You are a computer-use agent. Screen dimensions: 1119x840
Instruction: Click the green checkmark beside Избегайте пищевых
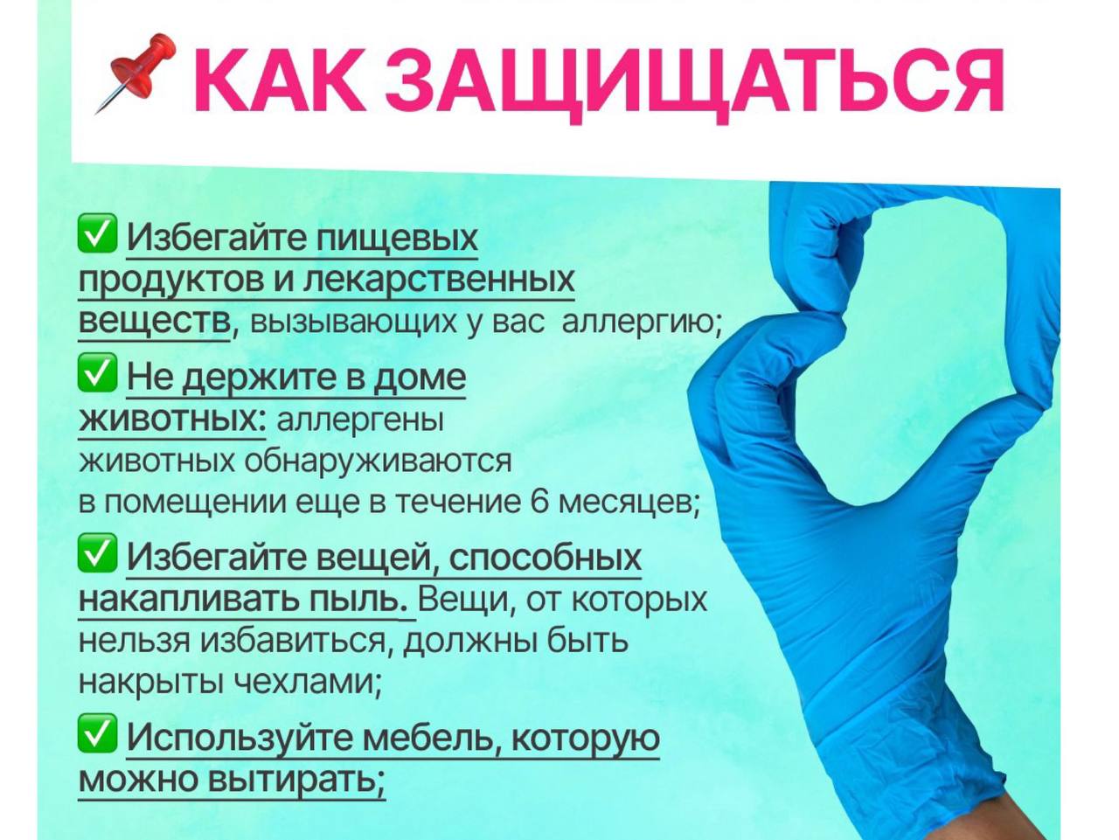coord(97,233)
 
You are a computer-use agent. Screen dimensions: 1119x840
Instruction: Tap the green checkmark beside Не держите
coord(97,372)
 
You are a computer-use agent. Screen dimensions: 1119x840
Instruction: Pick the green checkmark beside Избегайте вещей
coord(97,553)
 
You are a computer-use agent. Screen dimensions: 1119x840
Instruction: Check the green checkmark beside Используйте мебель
coord(97,733)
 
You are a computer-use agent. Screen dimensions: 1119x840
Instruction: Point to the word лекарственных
coord(439,280)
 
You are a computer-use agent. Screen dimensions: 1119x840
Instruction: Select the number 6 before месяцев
coord(540,502)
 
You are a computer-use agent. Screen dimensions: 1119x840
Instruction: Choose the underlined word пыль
coord(358,600)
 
